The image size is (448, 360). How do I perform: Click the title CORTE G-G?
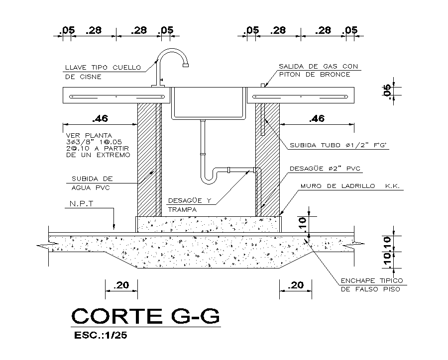[145, 316]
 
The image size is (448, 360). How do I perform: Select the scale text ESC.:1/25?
[101, 336]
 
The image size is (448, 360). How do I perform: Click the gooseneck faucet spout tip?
[186, 63]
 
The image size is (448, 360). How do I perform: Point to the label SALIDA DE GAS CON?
[318, 66]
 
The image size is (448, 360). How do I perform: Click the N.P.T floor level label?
[82, 204]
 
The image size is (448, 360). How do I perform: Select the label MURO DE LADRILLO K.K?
[350, 186]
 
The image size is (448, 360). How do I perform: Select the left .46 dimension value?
[100, 119]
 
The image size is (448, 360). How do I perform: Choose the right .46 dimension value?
[317, 119]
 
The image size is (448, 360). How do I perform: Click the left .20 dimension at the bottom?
[121, 285]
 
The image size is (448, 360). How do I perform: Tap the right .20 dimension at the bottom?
[296, 285]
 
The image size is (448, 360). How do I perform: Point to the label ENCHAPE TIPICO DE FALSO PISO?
[371, 284]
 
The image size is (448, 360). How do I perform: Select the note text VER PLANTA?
[89, 135]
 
